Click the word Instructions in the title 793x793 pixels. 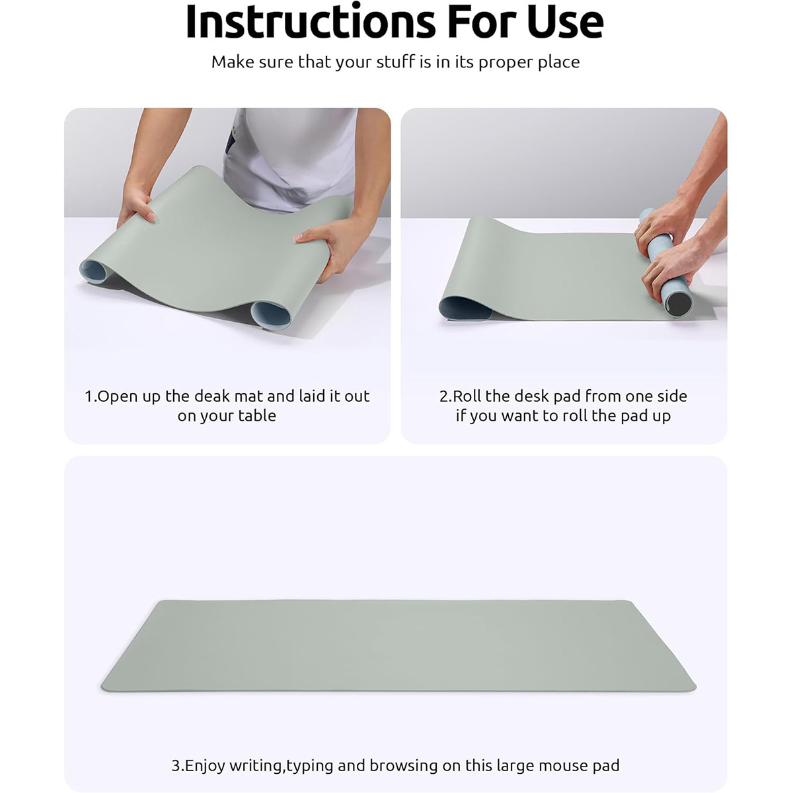pyautogui.click(x=311, y=21)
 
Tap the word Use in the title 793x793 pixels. pyautogui.click(x=565, y=21)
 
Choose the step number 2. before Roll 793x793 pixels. pyautogui.click(x=445, y=396)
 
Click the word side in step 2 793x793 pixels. pyautogui.click(x=671, y=396)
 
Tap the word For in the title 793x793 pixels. pyautogui.click(x=482, y=21)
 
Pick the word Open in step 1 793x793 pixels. pyautogui.click(x=118, y=397)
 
